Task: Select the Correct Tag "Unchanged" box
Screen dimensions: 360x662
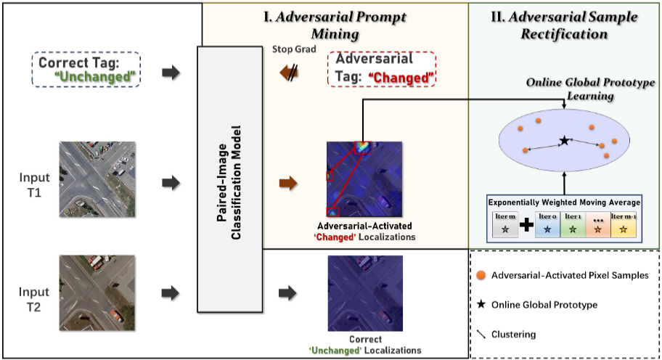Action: [86, 69]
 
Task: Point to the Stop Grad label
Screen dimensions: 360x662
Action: [293, 49]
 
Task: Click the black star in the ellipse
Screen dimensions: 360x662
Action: [563, 140]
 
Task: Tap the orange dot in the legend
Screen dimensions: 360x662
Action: [481, 276]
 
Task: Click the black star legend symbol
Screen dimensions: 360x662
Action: [481, 305]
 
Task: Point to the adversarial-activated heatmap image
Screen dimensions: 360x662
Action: [353, 179]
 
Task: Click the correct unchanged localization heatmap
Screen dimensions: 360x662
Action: [353, 291]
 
